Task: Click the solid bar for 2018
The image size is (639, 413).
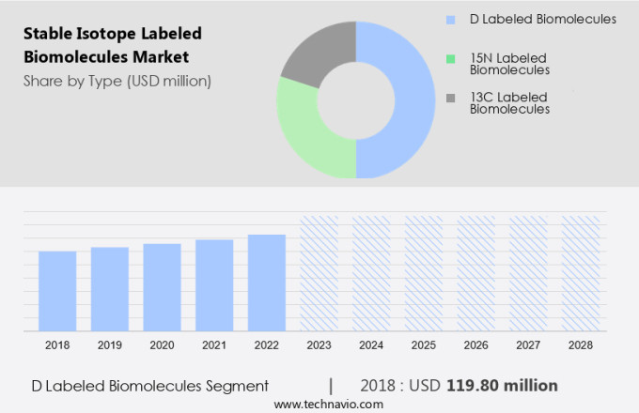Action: (x=57, y=290)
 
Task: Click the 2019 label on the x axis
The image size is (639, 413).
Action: (x=110, y=345)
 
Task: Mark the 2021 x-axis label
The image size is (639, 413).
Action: (x=214, y=345)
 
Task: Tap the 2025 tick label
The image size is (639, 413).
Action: (x=423, y=345)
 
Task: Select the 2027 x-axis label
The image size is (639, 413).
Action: (x=528, y=345)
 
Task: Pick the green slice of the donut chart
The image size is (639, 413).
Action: (x=304, y=131)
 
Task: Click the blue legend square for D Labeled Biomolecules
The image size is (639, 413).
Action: (x=451, y=19)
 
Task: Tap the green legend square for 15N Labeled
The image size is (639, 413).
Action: (x=451, y=58)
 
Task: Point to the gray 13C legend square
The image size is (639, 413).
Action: (x=451, y=98)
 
